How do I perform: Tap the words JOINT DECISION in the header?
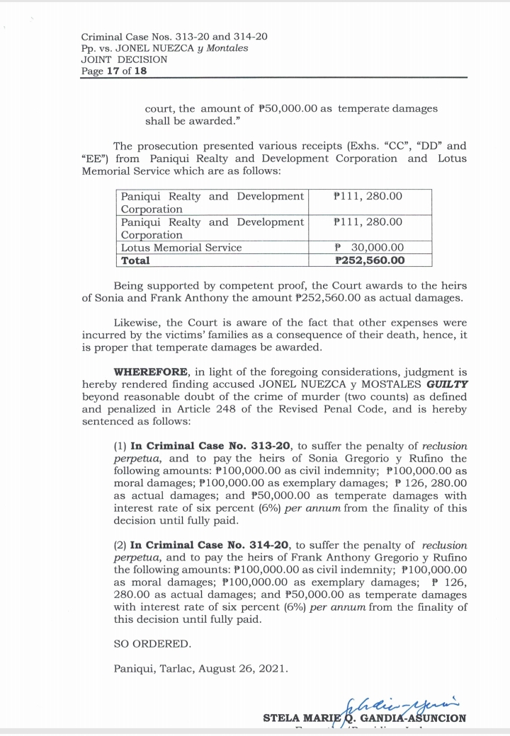124,59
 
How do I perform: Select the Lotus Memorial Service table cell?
181,248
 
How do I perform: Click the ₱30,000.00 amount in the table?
368,248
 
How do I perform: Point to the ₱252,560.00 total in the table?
369,260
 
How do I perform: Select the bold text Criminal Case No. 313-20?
210,446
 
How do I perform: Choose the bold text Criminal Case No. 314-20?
210,545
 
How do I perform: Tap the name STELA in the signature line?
280,718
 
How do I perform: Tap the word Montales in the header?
225,48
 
